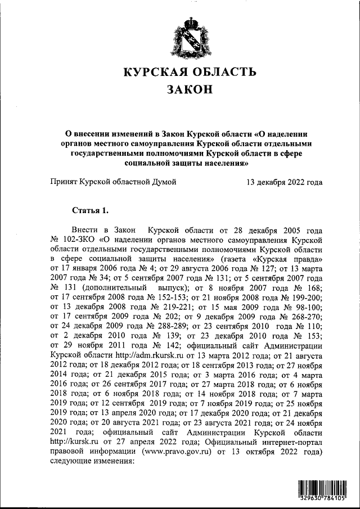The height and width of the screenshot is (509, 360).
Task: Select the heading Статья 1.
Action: point(89,210)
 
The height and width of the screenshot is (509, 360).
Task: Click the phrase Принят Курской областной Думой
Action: point(113,182)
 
